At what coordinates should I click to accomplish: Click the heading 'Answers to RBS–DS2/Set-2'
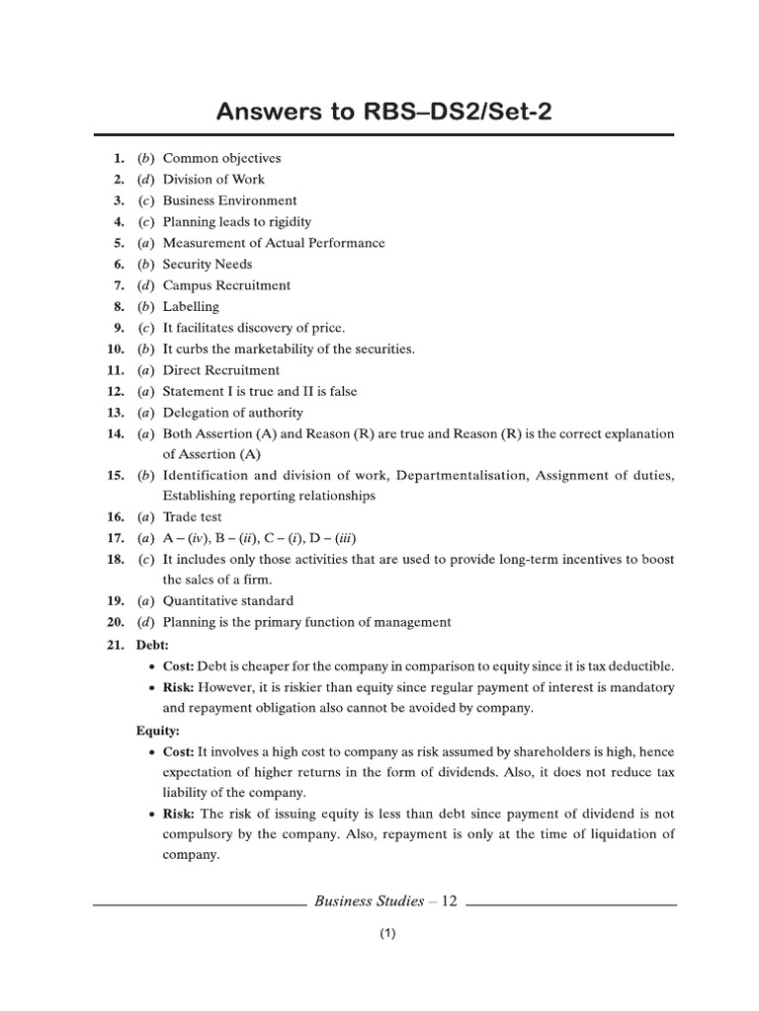384,112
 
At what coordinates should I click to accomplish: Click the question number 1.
118,158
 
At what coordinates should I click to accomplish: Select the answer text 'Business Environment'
229,200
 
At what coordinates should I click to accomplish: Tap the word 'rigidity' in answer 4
287,222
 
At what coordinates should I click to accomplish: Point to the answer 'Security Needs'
208,265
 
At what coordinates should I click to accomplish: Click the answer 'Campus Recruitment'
226,285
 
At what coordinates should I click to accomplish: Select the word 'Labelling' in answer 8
191,307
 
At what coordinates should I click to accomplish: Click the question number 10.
115,350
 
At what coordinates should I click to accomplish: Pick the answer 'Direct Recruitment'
221,370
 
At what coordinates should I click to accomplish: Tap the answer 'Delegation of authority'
233,413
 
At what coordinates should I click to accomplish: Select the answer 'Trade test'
193,517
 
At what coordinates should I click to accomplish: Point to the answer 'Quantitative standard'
228,601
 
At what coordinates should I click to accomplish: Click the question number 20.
115,622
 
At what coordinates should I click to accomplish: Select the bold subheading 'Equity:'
157,733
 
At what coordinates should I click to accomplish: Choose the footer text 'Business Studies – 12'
385,900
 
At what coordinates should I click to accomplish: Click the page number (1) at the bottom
386,935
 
